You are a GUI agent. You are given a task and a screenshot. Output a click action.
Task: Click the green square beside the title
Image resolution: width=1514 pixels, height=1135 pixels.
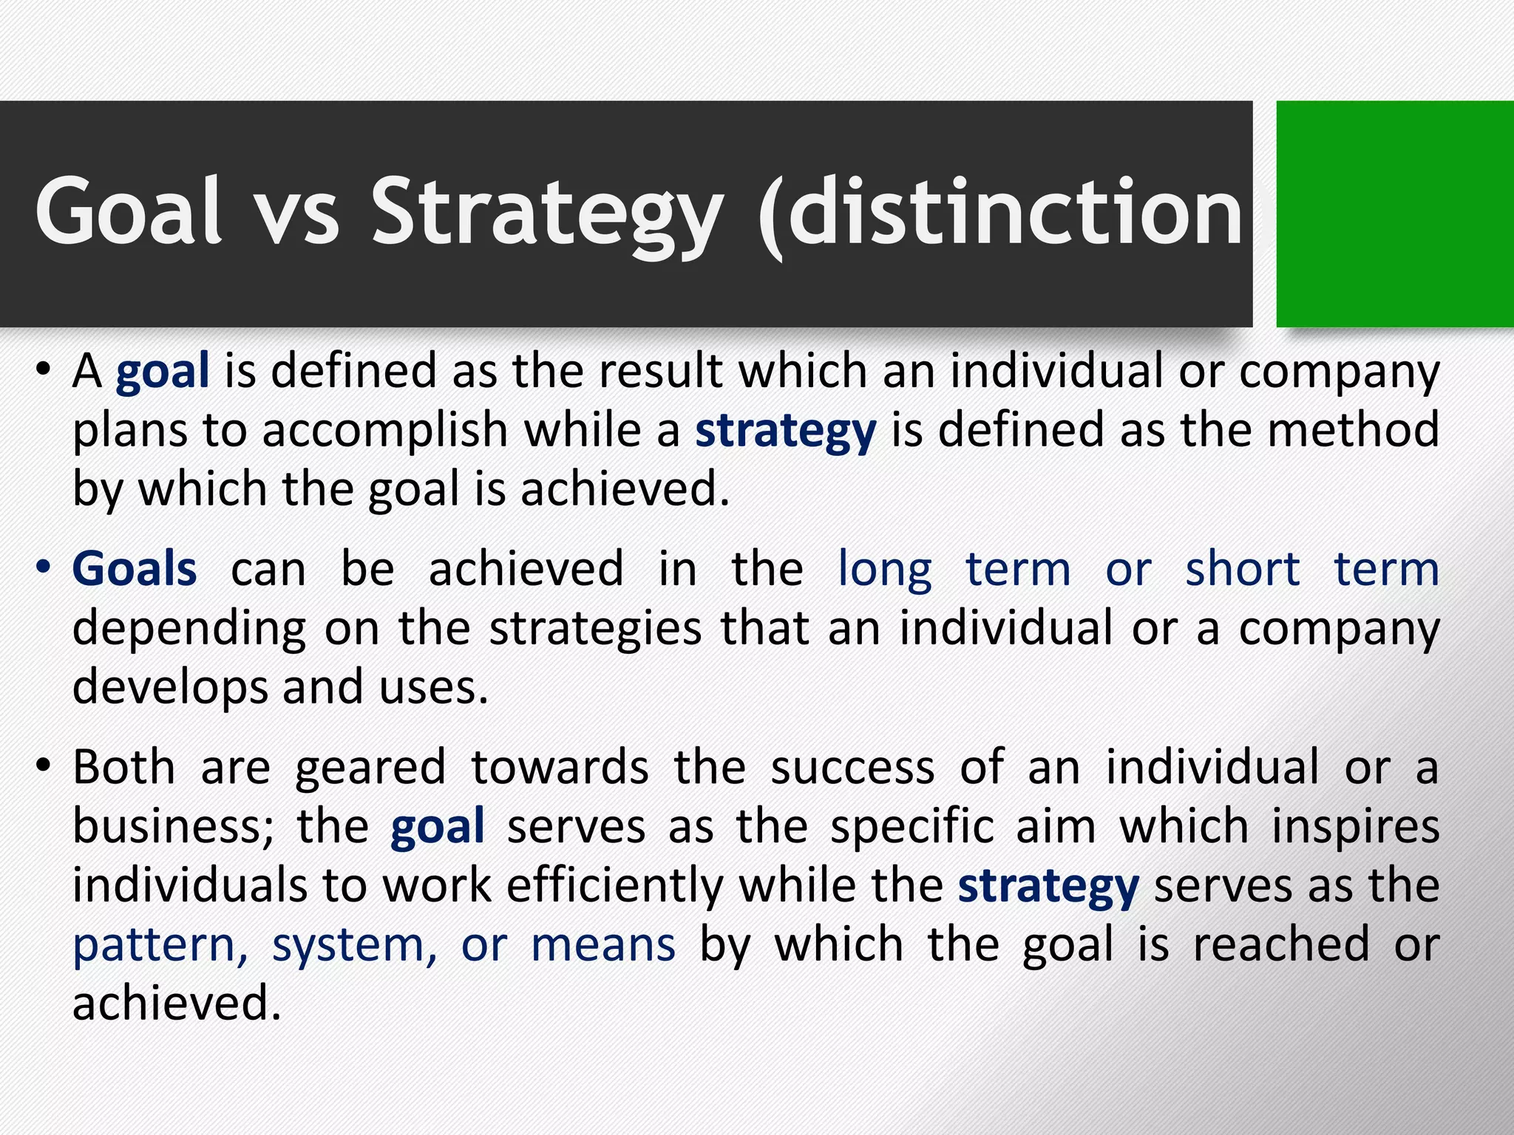tap(1394, 214)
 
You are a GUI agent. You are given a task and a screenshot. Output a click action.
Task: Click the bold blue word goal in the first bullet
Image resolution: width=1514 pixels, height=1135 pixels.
tap(163, 372)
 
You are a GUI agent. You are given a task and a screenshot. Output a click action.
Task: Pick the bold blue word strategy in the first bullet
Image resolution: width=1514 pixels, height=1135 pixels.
tap(785, 432)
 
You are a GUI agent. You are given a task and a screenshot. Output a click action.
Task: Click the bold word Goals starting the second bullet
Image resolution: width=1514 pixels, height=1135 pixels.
tap(135, 569)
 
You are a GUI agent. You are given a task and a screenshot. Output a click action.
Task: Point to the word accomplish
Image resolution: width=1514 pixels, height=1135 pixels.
tap(384, 432)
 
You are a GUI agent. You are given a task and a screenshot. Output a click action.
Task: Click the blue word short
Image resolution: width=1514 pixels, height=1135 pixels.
tap(1242, 569)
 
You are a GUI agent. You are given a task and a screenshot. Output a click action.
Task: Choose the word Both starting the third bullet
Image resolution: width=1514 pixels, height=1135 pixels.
tap(124, 767)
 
